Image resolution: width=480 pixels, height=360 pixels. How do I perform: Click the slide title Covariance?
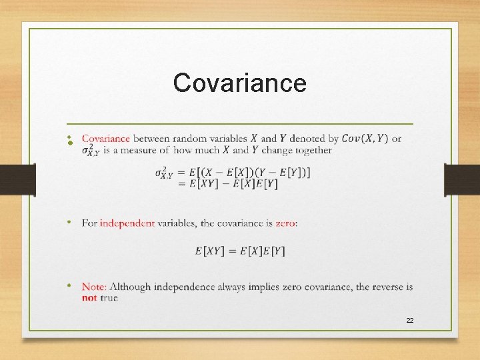(x=239, y=83)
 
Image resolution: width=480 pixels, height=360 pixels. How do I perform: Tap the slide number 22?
(x=410, y=321)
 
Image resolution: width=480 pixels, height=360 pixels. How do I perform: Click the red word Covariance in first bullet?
(x=105, y=139)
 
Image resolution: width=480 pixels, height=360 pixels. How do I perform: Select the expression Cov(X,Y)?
(x=365, y=139)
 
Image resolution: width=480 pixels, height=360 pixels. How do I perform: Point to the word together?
(x=309, y=150)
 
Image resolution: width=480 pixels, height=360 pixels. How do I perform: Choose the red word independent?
(x=127, y=223)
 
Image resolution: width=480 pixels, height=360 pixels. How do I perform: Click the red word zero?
(x=285, y=223)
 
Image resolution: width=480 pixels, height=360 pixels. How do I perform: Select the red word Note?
(x=95, y=287)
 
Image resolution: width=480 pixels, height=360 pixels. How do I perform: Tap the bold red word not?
(x=89, y=297)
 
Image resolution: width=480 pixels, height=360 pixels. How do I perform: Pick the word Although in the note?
(x=131, y=287)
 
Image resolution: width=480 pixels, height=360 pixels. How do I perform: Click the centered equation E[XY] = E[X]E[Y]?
(x=240, y=251)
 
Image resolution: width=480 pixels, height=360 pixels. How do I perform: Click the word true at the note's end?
(x=109, y=297)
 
